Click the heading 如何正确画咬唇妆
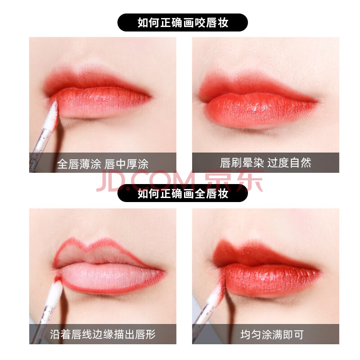click(x=183, y=22)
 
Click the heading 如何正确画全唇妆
click(x=183, y=193)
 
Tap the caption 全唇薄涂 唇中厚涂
click(x=103, y=164)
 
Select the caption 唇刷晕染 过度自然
click(x=265, y=163)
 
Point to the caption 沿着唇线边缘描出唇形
click(x=103, y=334)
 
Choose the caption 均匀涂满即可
click(x=272, y=334)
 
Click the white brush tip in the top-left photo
click(x=51, y=116)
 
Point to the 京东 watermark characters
click(x=234, y=180)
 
